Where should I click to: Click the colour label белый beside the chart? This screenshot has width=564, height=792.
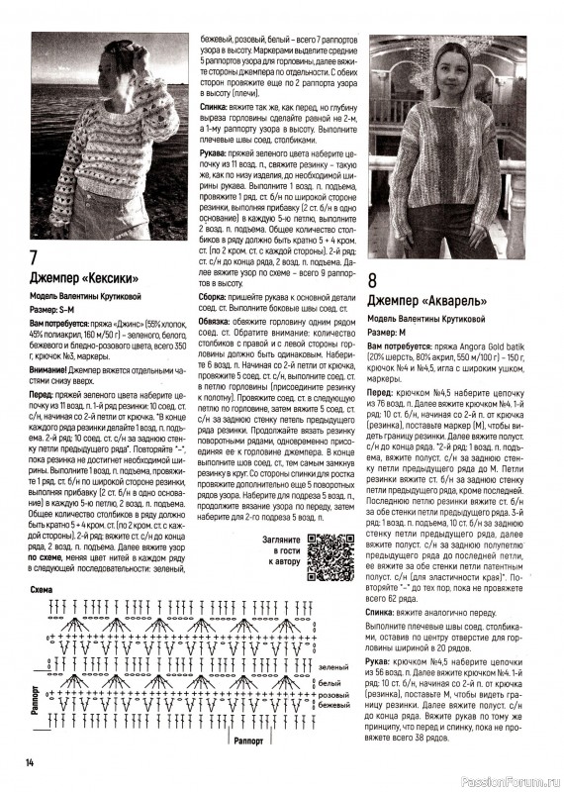[329, 683]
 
